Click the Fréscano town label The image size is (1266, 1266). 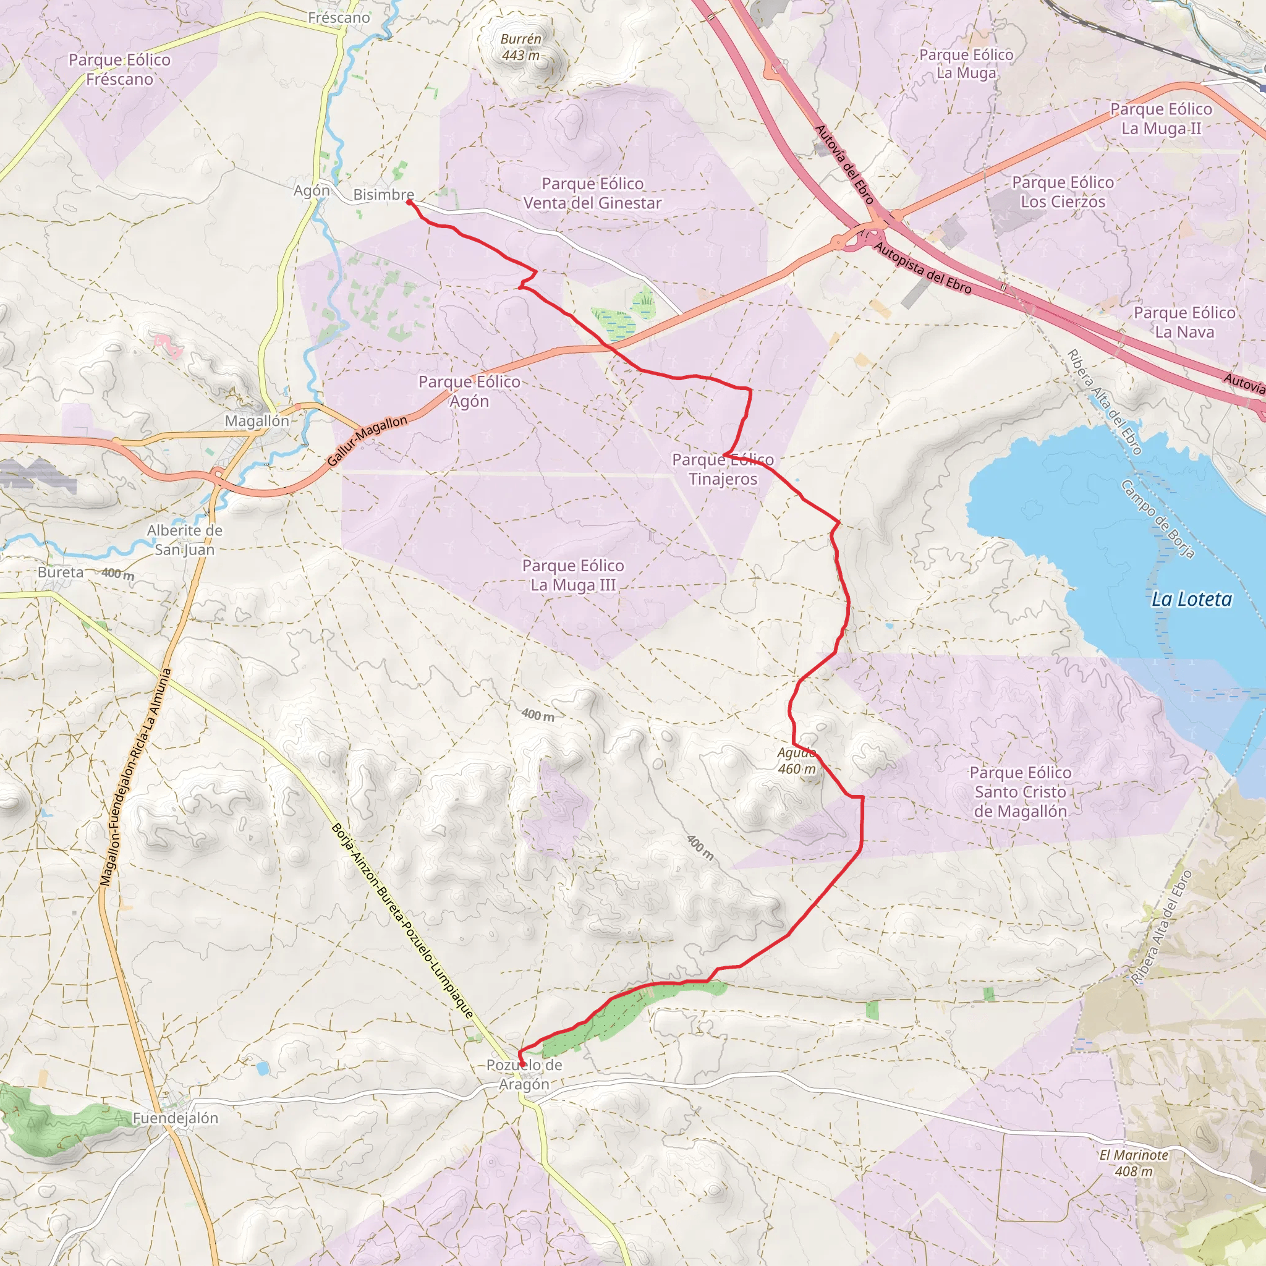(339, 18)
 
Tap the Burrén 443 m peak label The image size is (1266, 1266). (521, 47)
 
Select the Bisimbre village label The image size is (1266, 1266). (383, 195)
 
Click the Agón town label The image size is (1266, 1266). (312, 190)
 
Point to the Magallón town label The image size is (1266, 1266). (257, 422)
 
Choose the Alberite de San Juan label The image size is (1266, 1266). (185, 540)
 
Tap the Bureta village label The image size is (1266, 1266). (61, 572)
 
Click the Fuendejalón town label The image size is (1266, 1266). (176, 1118)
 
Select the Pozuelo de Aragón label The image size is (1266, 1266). (524, 1074)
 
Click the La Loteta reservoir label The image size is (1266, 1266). (1191, 599)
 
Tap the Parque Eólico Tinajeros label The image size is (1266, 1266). (723, 469)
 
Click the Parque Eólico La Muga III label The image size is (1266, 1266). (572, 575)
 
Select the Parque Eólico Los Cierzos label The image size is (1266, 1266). (1063, 192)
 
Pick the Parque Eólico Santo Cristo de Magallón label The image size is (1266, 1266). (1020, 792)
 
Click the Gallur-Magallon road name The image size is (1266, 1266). (367, 441)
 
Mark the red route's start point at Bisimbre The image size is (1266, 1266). (409, 203)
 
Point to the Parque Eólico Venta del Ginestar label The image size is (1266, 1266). (592, 193)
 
